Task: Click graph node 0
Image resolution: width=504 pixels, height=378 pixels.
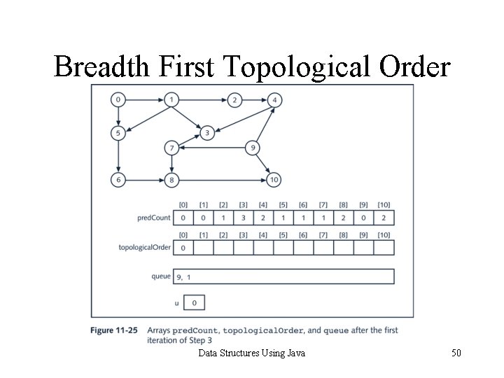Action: pos(118,100)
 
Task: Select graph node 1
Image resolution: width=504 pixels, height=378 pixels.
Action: pos(171,100)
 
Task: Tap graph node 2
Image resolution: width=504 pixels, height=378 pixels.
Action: pos(235,100)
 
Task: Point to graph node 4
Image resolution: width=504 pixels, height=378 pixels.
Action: pos(275,100)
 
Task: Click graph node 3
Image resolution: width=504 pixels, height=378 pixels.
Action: pos(206,132)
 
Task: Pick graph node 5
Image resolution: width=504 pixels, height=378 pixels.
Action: pos(118,132)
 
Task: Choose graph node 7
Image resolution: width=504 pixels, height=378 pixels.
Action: pos(171,148)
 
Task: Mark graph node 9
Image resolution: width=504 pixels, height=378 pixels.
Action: pos(253,148)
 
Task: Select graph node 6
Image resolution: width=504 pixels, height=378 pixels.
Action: pos(118,180)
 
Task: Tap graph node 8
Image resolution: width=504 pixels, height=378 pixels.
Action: pos(171,180)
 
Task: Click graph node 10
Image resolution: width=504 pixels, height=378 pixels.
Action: pos(274,180)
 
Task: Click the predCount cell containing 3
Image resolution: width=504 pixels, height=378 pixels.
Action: pos(244,218)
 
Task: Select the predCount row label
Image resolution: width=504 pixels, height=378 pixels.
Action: pos(154,218)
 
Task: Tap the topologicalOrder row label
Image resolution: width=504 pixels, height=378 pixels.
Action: pos(145,247)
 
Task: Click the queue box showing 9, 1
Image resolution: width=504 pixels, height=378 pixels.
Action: pos(283,276)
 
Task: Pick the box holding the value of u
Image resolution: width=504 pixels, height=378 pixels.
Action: pos(194,302)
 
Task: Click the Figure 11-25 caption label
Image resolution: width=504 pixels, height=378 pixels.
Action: pos(113,330)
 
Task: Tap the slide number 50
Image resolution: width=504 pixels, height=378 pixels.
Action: pos(456,353)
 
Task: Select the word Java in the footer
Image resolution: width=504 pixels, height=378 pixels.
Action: pos(295,353)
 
